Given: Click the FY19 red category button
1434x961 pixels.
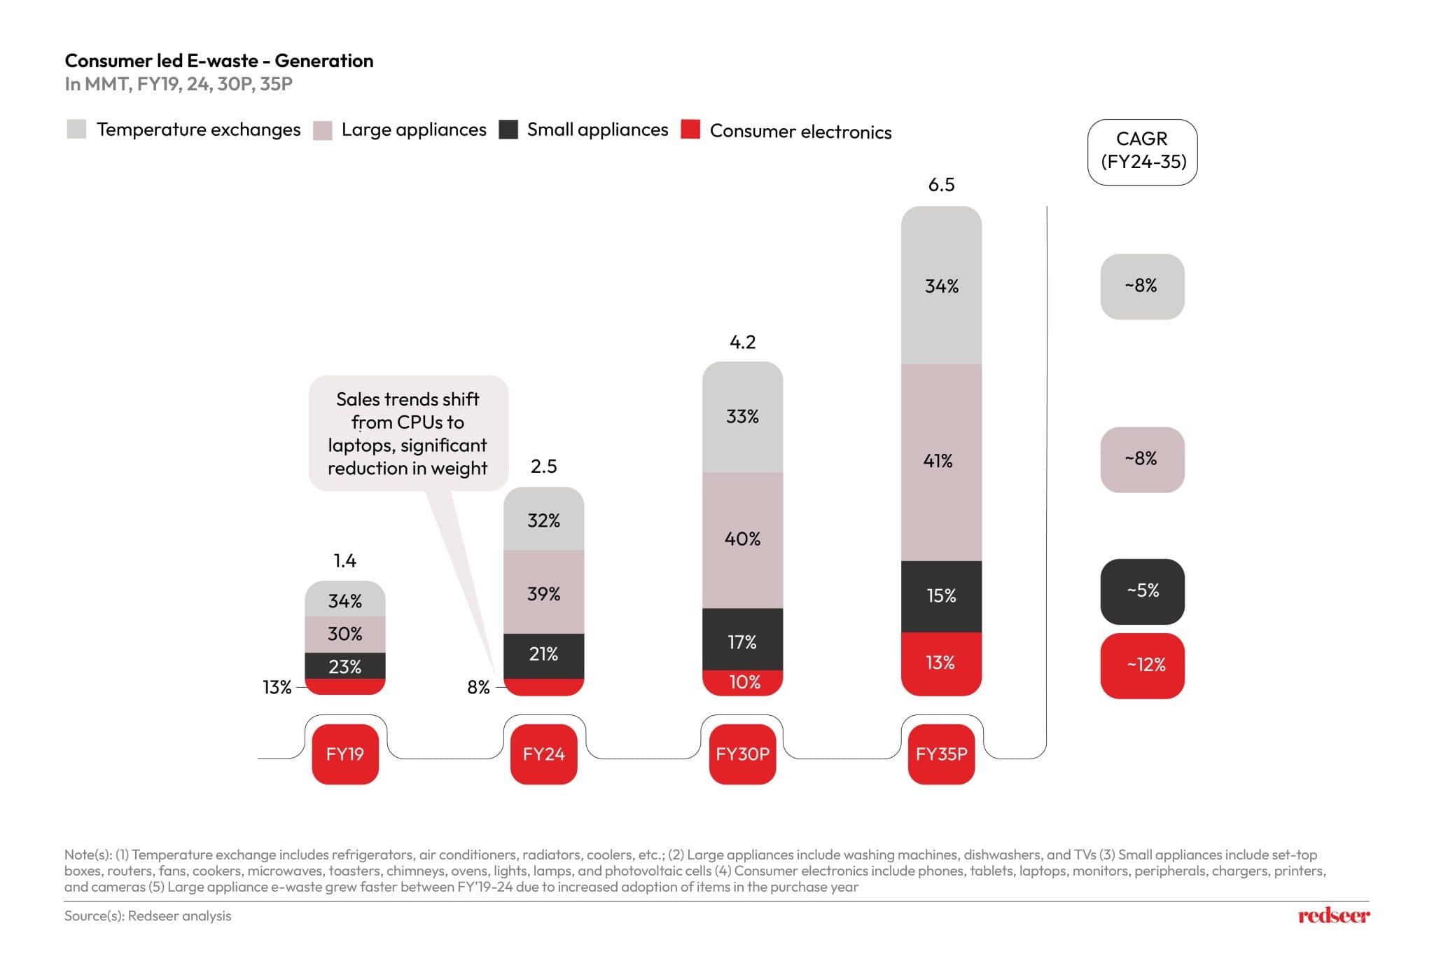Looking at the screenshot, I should coord(345,754).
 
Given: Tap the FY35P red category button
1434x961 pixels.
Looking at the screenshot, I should coord(941,754).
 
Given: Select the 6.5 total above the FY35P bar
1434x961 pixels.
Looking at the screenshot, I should coord(941,185).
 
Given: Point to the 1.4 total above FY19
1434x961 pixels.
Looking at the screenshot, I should coord(344,561).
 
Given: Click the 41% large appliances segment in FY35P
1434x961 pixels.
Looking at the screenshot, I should coord(941,462).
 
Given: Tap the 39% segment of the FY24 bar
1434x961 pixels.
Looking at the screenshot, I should coord(544,593).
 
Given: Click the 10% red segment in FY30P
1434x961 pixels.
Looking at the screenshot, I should coord(743,683).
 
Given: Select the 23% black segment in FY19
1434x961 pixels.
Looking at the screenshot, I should coord(345,666).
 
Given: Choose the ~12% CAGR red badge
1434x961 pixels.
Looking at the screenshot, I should coord(1143,665).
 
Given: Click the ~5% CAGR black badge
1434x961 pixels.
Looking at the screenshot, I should coord(1143,591).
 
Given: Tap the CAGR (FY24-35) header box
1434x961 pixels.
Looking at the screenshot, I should coord(1143,151).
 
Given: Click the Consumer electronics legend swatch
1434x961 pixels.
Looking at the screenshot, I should coord(690,130).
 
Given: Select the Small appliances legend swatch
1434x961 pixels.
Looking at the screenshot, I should coord(508,130).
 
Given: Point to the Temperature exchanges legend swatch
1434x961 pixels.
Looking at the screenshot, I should coord(76,130).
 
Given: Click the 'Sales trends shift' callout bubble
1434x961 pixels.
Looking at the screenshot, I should coord(408,433).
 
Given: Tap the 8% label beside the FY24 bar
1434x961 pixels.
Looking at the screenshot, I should coord(479,688).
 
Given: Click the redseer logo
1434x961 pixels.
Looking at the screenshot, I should coord(1333,915).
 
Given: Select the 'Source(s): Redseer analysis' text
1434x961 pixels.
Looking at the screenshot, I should coord(148,916).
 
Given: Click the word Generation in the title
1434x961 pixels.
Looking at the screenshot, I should coord(324,61).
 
